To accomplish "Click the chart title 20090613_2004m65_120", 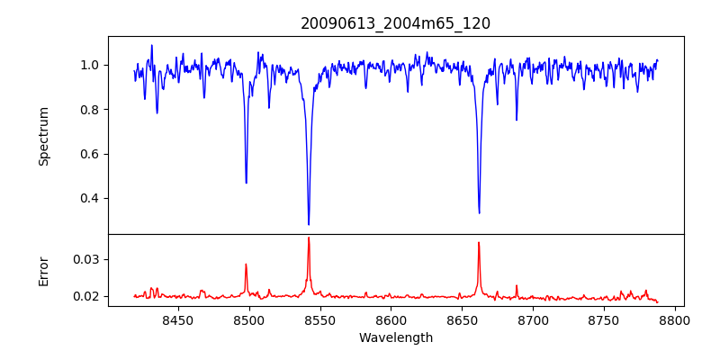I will [x=395, y=23].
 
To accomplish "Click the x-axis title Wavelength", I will [x=395, y=337].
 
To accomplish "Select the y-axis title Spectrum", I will [x=43, y=136].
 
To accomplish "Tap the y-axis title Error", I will [x=43, y=270].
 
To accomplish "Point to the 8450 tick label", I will [x=178, y=319].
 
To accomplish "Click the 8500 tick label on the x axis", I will [x=249, y=319].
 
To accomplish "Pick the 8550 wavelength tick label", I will [x=320, y=319].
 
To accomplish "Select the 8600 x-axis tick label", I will [x=391, y=319].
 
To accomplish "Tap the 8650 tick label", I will [x=462, y=319].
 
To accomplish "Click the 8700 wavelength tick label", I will [x=533, y=319].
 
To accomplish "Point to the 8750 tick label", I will [x=604, y=319].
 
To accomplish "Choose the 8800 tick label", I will [x=674, y=319].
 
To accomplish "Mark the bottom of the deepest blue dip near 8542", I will [x=309, y=224].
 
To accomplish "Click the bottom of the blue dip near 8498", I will [x=246, y=183].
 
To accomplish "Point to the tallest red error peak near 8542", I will [x=309, y=238].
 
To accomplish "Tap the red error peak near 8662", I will [x=479, y=242].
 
